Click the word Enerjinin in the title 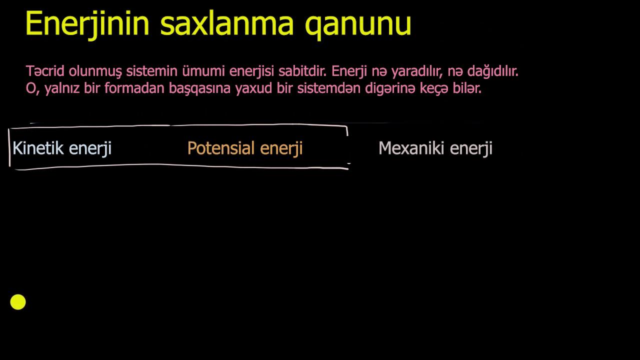pyautogui.click(x=87, y=24)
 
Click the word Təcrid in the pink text pyautogui.click(x=45, y=71)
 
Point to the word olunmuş pyautogui.click(x=95, y=71)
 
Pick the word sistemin pyautogui.click(x=151, y=71)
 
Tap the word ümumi pyautogui.click(x=203, y=71)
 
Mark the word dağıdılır pyautogui.click(x=493, y=71)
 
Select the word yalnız pyautogui.click(x=62, y=88)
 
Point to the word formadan pyautogui.click(x=134, y=88)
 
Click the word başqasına pyautogui.click(x=199, y=89)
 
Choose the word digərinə pyautogui.click(x=390, y=88)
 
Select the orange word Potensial pyautogui.click(x=221, y=148)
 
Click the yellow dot pyautogui.click(x=18, y=302)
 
